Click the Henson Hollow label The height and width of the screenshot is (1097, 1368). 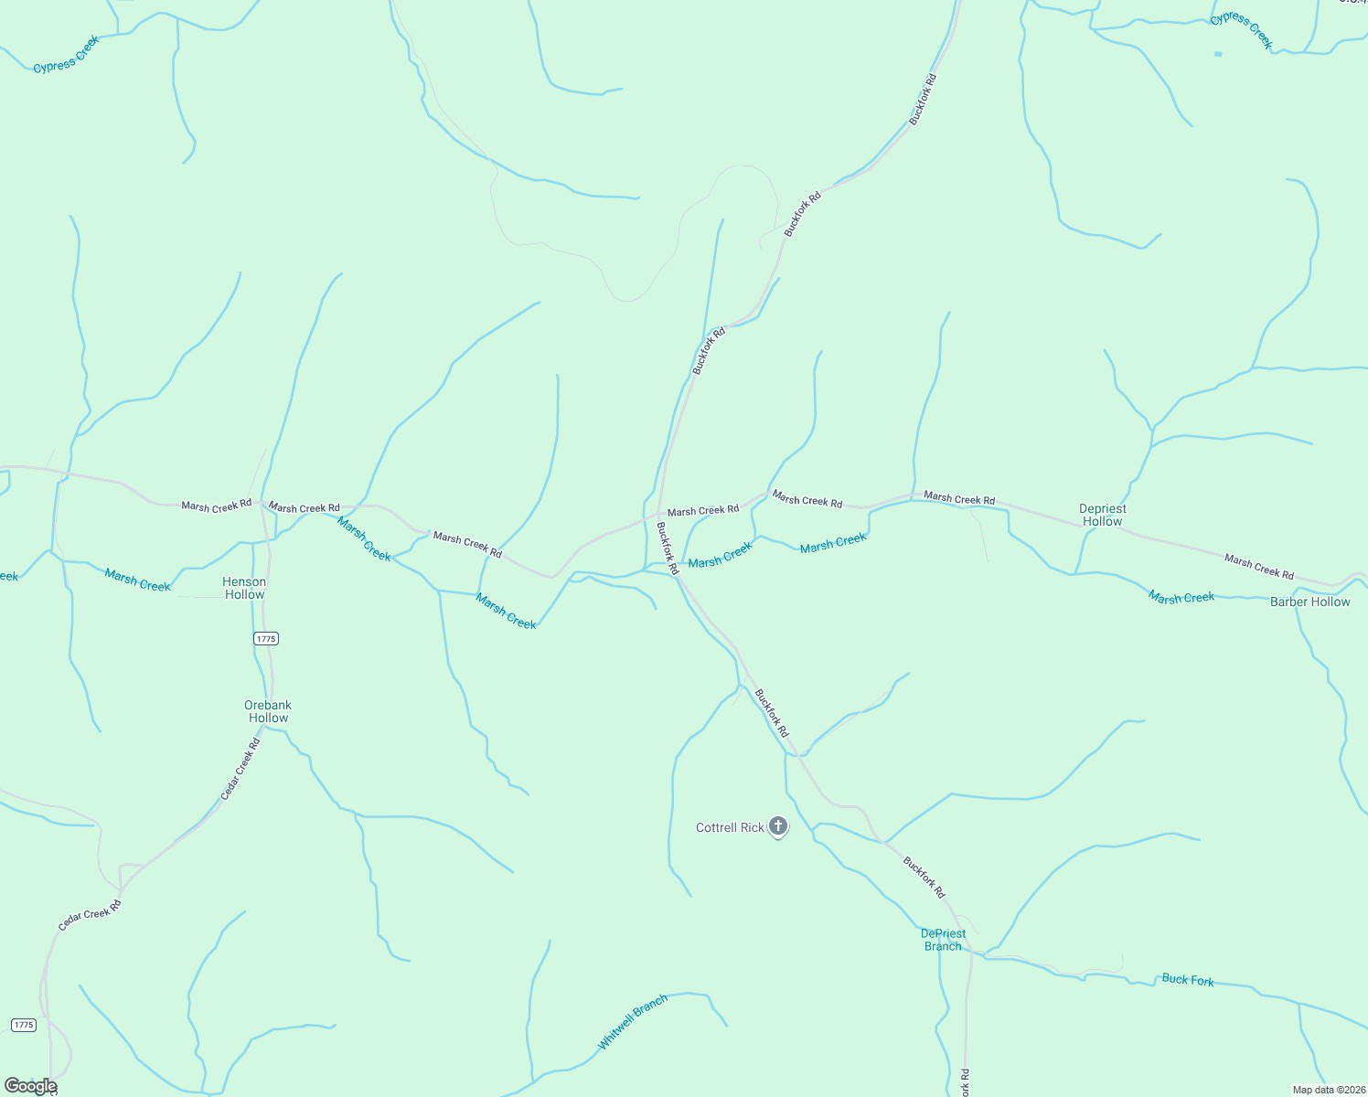[244, 588]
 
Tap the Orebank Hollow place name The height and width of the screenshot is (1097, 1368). [268, 711]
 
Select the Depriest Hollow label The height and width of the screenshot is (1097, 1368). [1103, 515]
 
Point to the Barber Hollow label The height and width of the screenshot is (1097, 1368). [1309, 602]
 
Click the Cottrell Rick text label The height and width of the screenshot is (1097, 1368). [730, 827]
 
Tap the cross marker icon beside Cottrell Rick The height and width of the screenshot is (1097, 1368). [778, 826]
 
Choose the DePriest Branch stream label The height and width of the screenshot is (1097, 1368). [943, 940]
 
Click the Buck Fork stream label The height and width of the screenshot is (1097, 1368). [1188, 979]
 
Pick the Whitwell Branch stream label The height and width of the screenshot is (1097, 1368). [633, 1021]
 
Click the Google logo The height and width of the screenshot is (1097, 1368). [30, 1086]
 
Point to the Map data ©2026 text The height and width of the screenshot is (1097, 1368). [1328, 1090]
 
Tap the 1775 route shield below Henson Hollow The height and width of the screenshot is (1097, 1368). [265, 639]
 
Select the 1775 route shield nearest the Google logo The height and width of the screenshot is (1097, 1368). [24, 1025]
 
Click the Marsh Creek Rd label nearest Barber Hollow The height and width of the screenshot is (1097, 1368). [1258, 567]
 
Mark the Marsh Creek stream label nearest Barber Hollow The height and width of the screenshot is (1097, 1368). [1181, 597]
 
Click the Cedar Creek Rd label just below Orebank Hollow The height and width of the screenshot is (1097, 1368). [240, 770]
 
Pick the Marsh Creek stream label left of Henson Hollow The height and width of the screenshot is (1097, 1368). [137, 580]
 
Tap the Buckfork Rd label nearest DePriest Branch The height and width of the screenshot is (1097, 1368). [924, 877]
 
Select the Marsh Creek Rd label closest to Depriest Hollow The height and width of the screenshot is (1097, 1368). [958, 498]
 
